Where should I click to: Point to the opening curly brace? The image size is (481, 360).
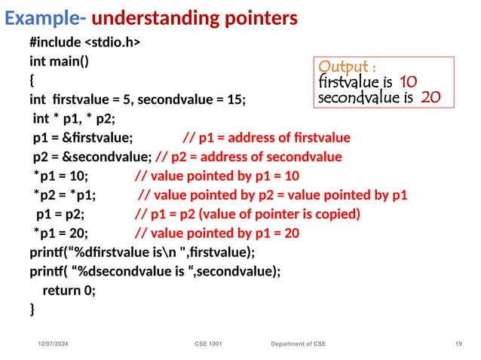[x=32, y=80]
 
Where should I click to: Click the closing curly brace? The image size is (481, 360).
[x=32, y=309]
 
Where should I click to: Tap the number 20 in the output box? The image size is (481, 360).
[x=430, y=97]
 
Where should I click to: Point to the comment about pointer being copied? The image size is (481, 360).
[x=247, y=214]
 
